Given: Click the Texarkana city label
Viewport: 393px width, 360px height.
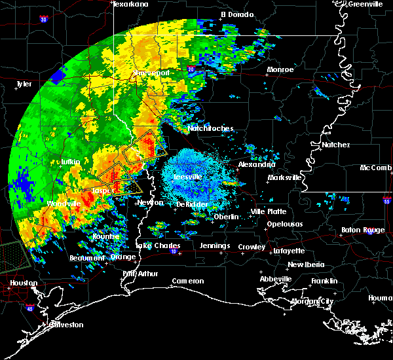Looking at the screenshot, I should (131, 4).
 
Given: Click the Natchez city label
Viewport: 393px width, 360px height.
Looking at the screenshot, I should (336, 145).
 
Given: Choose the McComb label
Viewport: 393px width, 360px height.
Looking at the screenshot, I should (376, 168).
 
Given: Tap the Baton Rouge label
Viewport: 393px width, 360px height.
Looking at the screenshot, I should (364, 230).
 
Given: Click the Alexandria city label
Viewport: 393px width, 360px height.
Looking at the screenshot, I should (256, 164).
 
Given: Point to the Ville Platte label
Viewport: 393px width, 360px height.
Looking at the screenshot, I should (269, 211).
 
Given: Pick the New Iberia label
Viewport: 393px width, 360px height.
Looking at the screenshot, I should (305, 264).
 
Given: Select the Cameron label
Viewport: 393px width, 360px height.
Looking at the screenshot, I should (188, 281).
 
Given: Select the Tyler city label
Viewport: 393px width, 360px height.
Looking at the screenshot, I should (24, 84).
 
